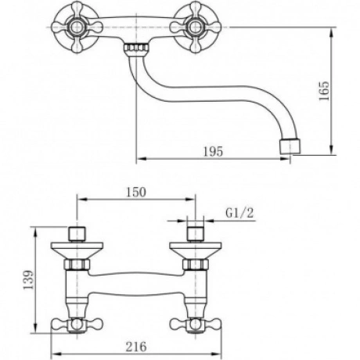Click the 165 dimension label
324,91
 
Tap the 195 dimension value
213,152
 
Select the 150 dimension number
136,193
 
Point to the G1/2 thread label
239,213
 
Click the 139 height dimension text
28,279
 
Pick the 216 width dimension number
136,347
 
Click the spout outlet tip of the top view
290,147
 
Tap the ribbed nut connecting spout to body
136,48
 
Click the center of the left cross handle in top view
77,27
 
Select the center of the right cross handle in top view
196,27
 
